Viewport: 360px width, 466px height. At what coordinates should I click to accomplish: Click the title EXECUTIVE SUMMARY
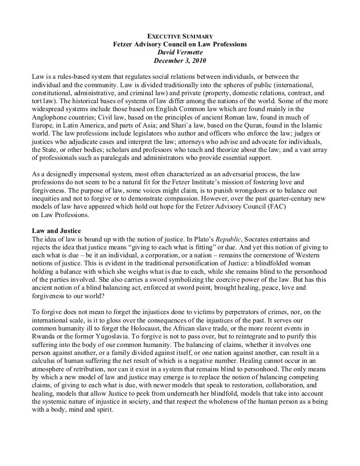tap(180, 36)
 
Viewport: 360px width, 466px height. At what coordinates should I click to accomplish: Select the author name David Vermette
tap(180, 53)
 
